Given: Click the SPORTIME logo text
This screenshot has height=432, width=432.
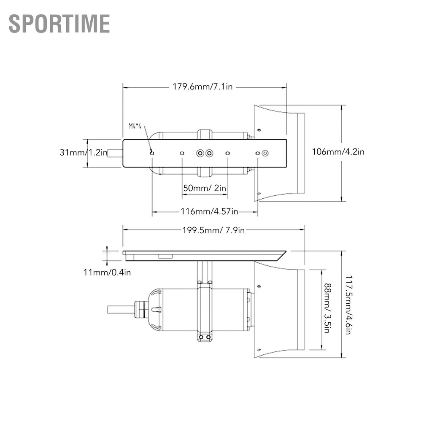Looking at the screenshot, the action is click(59, 24).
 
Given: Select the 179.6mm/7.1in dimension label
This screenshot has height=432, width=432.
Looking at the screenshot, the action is click(202, 87).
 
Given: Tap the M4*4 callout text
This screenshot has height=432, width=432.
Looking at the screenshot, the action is click(135, 126).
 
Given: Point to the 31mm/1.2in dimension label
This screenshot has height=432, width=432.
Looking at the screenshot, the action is click(84, 152).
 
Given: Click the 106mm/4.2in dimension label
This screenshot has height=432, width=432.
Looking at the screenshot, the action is click(338, 152).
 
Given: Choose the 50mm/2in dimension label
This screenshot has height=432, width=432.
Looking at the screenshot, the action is click(205, 188).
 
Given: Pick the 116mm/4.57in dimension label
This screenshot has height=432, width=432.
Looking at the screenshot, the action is click(209, 211).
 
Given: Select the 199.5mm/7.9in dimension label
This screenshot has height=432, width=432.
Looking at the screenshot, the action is click(213, 230).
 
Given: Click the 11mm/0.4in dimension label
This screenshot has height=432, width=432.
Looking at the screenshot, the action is click(107, 273).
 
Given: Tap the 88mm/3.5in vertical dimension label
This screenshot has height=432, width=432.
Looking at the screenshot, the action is click(327, 308).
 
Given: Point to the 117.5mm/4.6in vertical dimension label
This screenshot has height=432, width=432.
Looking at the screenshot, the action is click(348, 305).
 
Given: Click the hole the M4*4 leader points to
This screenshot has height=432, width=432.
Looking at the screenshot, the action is click(152, 153).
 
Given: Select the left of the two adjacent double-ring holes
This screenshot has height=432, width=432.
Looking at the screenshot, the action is click(200, 153).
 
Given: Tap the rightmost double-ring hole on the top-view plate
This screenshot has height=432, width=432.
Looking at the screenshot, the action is click(265, 153).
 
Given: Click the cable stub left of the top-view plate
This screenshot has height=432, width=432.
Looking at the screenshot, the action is click(115, 153).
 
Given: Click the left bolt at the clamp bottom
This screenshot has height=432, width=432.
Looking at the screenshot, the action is click(201, 337).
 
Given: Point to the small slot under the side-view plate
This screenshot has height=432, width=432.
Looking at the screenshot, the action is click(165, 256).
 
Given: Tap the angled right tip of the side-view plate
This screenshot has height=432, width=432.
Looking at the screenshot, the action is click(286, 251).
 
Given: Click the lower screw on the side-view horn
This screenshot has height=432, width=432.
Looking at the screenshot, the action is click(259, 350).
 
